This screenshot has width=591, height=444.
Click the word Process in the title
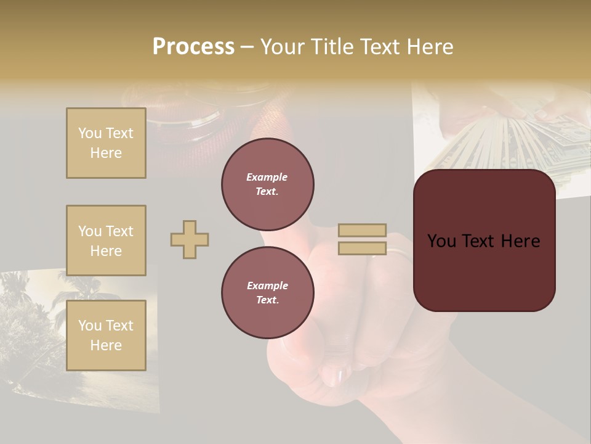click(193, 47)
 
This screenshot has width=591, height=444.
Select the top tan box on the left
click(106, 143)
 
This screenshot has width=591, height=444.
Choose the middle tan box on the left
click(106, 240)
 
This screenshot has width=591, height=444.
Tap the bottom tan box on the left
click(106, 335)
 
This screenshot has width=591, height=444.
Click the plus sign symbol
click(190, 239)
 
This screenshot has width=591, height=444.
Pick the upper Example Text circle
click(268, 184)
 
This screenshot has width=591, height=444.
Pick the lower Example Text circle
click(268, 293)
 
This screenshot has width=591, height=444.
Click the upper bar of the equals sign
click(363, 231)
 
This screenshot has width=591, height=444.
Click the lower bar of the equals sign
click(363, 249)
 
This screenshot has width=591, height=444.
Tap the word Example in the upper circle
click(267, 177)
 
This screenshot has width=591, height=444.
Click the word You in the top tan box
click(89, 133)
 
